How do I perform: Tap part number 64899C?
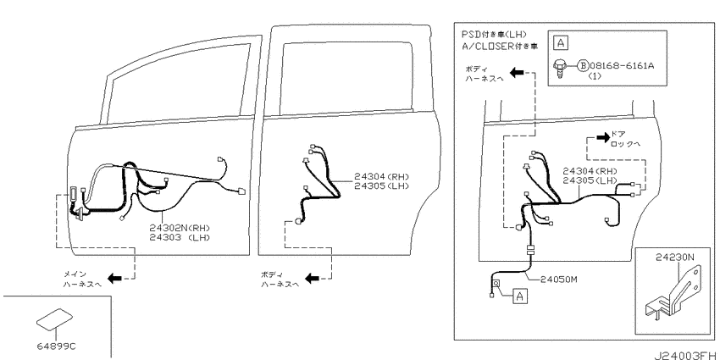tap(57, 346)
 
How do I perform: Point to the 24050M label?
tap(558, 279)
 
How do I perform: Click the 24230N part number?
tap(675, 258)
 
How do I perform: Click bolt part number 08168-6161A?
tap(622, 66)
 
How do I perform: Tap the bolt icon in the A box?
tap(559, 69)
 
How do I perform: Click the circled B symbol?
tap(583, 66)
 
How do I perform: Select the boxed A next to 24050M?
tap(520, 296)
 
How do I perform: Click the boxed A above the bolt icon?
tap(560, 43)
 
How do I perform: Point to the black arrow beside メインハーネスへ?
tap(114, 277)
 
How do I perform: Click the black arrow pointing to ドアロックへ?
tap(602, 136)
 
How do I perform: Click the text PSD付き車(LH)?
tap(494, 35)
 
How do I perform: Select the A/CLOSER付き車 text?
tap(501, 47)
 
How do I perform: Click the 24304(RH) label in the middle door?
tap(381, 176)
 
